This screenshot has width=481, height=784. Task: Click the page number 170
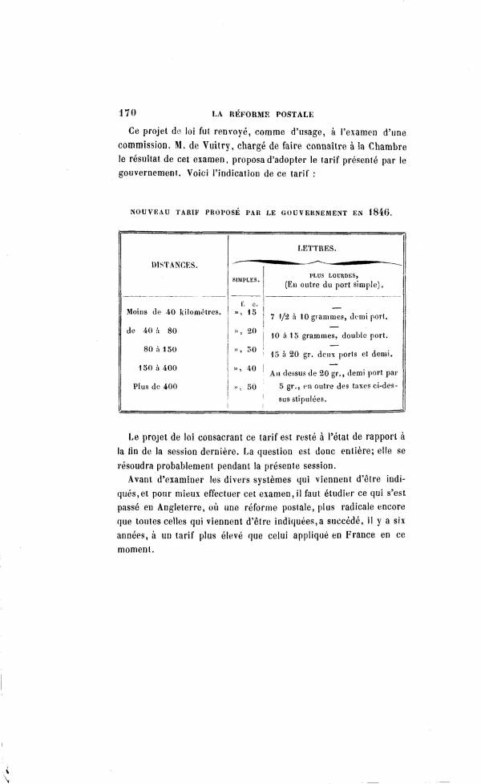[x=129, y=114]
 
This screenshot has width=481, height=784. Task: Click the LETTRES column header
[x=316, y=248]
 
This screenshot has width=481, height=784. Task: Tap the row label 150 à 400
[x=161, y=368]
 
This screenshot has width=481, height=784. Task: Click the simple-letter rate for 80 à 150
[x=245, y=349]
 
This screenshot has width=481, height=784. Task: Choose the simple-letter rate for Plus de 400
[x=245, y=386]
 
